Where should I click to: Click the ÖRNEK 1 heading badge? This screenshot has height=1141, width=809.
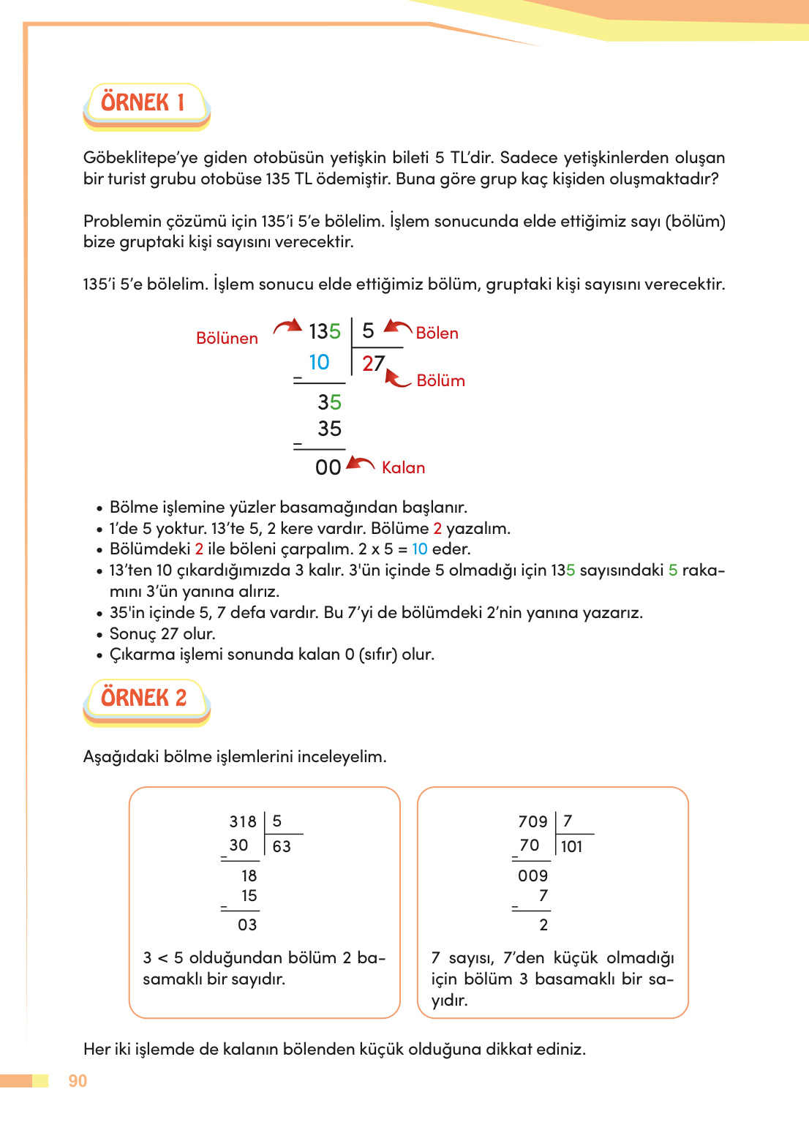point(145,103)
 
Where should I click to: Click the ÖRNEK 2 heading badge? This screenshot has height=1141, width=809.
point(145,698)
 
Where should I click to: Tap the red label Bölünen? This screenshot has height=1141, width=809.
point(227,338)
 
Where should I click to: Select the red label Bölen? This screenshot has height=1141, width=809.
point(437,334)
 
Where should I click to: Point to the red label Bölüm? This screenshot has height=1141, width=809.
point(440,381)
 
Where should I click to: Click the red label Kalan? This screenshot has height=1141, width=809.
point(403,468)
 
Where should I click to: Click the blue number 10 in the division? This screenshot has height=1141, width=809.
point(319,363)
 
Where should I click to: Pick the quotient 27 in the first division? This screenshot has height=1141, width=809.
point(373,364)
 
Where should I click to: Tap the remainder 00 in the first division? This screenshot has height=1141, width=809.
point(328,468)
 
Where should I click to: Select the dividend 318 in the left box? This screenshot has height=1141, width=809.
point(243,822)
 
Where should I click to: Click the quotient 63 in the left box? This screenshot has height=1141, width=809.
point(282,847)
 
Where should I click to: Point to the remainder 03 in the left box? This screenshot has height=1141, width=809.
point(247,925)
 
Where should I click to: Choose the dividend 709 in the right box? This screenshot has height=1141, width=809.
point(533,822)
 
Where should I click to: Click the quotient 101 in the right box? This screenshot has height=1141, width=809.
point(572,847)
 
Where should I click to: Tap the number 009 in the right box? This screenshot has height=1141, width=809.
point(533,876)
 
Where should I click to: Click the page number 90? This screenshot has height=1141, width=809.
point(78,1081)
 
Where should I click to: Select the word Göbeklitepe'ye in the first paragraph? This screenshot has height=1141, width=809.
point(140,158)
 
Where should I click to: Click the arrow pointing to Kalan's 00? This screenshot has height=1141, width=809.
point(361,463)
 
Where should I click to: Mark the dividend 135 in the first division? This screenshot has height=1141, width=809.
point(325,332)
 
